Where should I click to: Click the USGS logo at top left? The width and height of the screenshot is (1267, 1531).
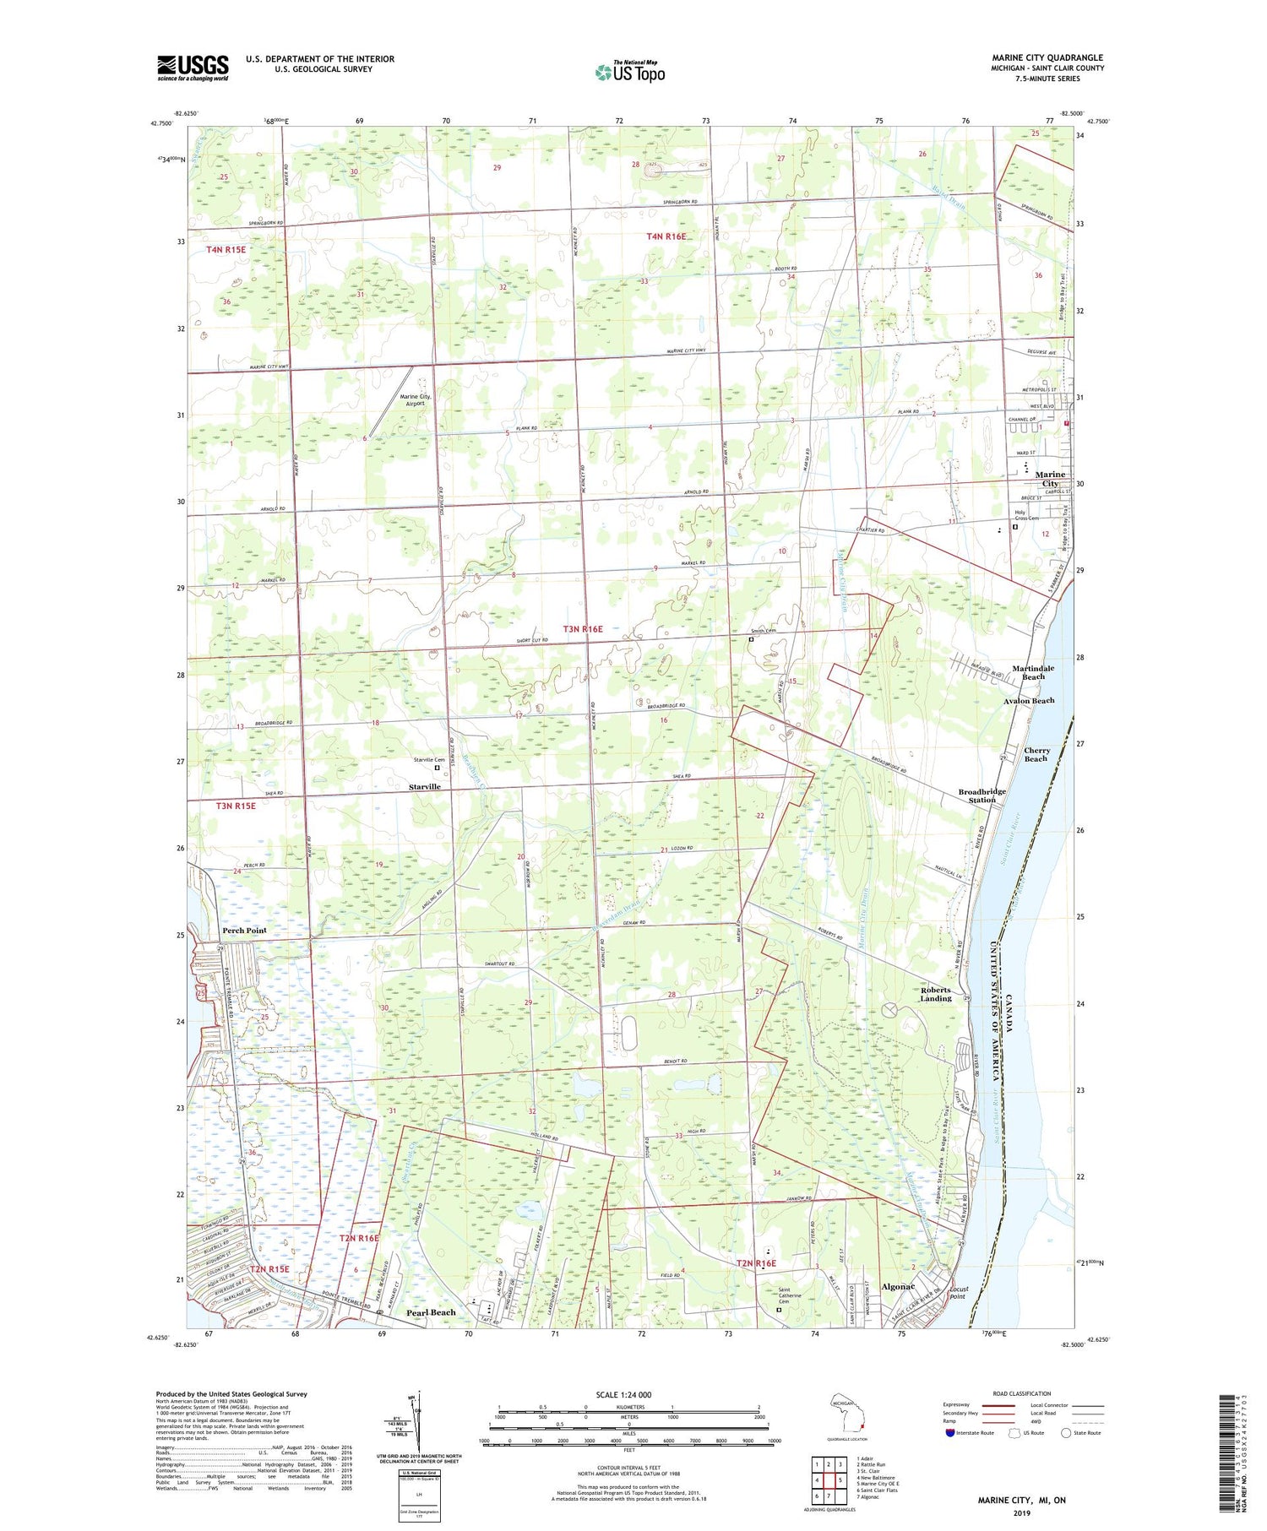point(193,68)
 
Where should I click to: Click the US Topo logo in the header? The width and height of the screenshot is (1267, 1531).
point(629,72)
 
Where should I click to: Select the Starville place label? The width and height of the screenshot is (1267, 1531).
point(425,786)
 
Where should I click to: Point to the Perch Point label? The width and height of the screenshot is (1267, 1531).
point(244,930)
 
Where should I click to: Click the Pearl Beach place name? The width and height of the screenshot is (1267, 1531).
point(431,1312)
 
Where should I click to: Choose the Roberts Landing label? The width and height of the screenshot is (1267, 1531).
point(935,994)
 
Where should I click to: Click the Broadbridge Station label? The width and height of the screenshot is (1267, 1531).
point(982,795)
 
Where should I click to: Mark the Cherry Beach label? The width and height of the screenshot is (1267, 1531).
point(1036,754)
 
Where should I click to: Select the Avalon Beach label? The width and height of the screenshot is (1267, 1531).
point(1028,701)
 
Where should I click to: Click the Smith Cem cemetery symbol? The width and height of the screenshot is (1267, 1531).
point(751,639)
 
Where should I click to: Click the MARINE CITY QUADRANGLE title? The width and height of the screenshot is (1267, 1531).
point(1047,57)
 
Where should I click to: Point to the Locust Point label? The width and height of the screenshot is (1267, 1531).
point(958,1292)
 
